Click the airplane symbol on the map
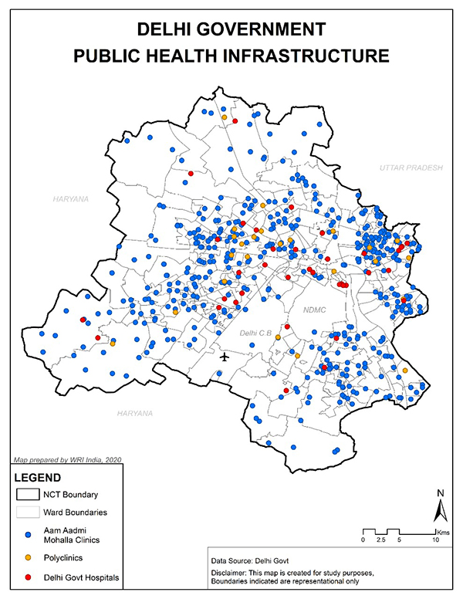click(x=225, y=357)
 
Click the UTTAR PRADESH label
click(x=409, y=168)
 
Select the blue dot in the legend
click(x=28, y=534)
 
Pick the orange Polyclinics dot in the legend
click(x=28, y=556)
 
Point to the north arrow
click(x=439, y=509)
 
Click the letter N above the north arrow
click(x=439, y=492)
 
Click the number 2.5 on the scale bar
click(x=380, y=540)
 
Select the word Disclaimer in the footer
click(x=231, y=573)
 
